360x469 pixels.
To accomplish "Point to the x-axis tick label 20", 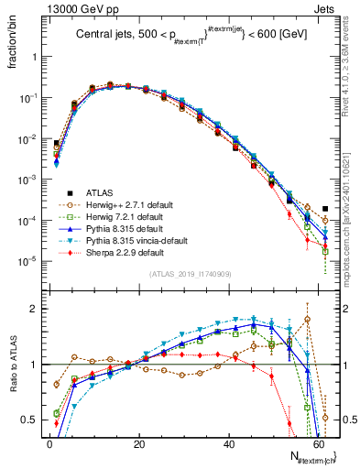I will pyautogui.click(x=138, y=442).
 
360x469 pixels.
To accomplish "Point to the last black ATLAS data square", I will pyautogui.click(x=325, y=209).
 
